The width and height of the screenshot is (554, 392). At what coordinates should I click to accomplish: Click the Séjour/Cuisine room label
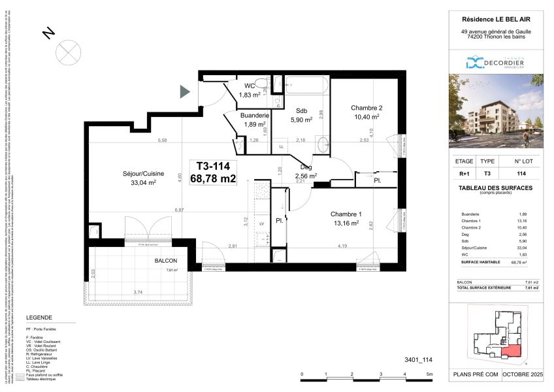click(138, 174)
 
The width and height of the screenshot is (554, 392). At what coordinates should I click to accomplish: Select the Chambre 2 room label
click(366, 108)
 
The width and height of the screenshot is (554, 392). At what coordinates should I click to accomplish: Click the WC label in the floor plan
click(250, 86)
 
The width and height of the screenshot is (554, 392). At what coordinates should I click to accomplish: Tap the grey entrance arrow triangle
click(185, 93)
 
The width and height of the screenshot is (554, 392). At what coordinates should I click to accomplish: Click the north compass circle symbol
click(67, 50)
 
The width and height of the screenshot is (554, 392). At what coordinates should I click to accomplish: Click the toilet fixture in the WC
click(261, 83)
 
